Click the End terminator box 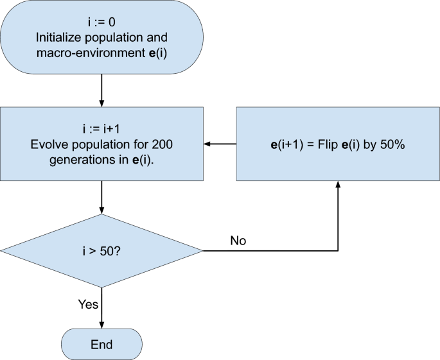tap(101, 344)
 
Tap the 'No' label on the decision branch tap(238, 241)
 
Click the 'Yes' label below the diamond tap(87, 303)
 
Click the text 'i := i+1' tap(101, 128)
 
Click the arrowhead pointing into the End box tap(101, 323)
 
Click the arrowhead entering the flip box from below tap(338, 185)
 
